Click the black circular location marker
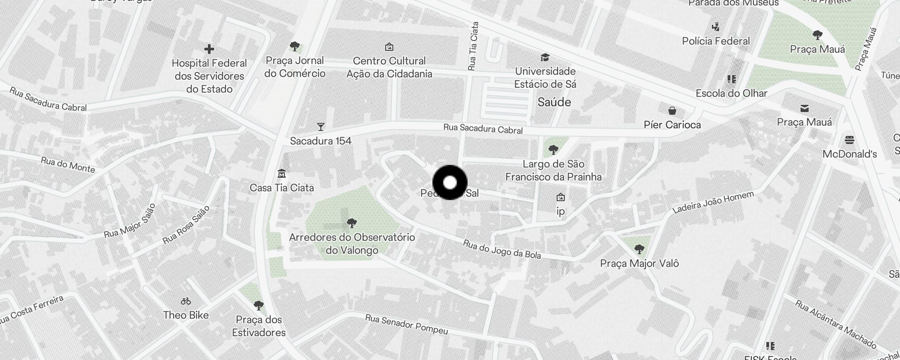(x=450, y=183)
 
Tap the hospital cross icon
(x=209, y=49)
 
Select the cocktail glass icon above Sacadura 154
(x=320, y=127)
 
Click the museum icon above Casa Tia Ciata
(x=282, y=173)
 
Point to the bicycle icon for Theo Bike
(x=186, y=301)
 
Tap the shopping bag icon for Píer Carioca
(x=672, y=111)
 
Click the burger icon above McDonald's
(x=850, y=140)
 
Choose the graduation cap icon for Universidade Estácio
(x=545, y=58)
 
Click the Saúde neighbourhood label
(x=554, y=102)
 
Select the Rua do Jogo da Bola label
(x=502, y=249)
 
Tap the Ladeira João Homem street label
(x=713, y=202)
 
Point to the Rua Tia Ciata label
(x=473, y=47)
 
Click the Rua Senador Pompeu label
(x=406, y=324)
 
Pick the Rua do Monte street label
(x=68, y=165)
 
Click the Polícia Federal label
(x=716, y=41)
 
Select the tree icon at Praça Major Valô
(x=639, y=249)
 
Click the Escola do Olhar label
(x=731, y=94)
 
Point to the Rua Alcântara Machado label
(x=836, y=324)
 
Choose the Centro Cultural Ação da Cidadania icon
(x=389, y=47)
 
